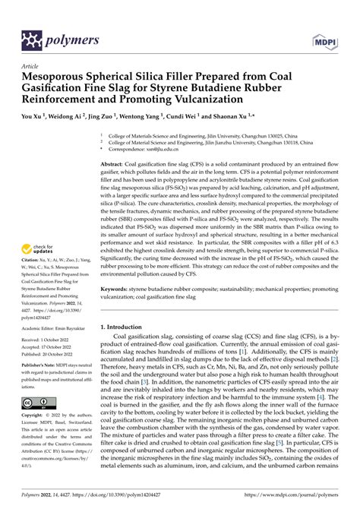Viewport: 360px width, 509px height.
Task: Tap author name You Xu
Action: click(34, 119)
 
